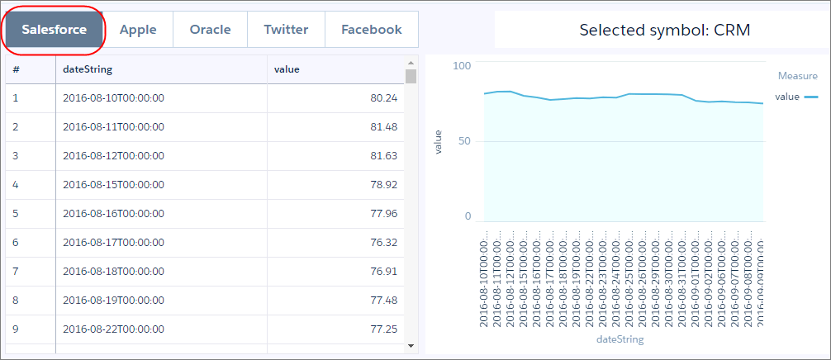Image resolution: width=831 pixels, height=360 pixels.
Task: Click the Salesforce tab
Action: tap(55, 30)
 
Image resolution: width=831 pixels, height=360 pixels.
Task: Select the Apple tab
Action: tap(138, 30)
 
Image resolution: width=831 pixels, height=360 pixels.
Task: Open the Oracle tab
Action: tap(210, 30)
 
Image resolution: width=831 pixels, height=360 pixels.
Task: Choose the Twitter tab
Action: tap(286, 30)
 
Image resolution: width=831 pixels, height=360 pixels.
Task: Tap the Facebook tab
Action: tap(371, 30)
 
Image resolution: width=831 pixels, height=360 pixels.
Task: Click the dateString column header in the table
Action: tap(88, 69)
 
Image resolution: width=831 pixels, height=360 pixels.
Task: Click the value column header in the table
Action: tap(286, 69)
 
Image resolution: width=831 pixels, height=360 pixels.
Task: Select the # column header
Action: tap(17, 69)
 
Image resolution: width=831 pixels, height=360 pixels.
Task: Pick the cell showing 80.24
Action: tap(383, 98)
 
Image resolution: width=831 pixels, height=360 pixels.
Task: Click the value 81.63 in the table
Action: tap(383, 156)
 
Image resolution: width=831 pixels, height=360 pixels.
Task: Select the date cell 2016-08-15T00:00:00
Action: tap(113, 184)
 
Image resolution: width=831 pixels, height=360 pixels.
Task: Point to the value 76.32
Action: tap(383, 242)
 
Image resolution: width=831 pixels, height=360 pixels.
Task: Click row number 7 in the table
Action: tap(16, 271)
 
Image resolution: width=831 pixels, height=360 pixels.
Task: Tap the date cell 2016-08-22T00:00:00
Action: tap(113, 329)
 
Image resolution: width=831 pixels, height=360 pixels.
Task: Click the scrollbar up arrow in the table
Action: tap(411, 63)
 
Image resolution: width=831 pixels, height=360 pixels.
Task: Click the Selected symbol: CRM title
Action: tap(658, 31)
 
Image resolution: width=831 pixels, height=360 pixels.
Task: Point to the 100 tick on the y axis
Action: tap(462, 65)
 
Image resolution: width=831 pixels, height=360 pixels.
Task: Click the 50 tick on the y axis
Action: tap(464, 141)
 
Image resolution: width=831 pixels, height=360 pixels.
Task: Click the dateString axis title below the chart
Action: tap(620, 339)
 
